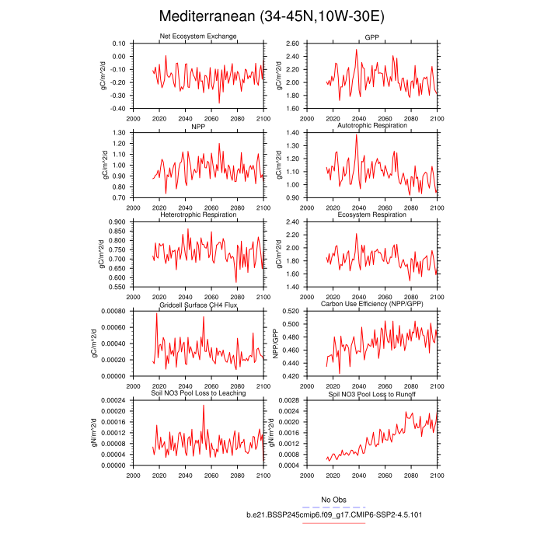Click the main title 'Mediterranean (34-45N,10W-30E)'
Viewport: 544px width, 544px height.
271,16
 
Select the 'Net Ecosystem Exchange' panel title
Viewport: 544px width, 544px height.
198,37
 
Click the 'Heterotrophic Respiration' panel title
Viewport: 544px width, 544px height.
198,214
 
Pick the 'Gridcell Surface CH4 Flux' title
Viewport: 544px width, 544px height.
198,305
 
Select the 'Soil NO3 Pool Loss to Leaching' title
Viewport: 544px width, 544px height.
198,393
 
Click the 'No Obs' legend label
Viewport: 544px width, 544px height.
333,499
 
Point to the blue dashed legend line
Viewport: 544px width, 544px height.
333,507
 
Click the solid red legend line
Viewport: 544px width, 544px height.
333,523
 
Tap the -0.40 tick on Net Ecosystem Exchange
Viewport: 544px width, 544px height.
114,109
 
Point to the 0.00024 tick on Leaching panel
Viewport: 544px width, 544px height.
110,400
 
